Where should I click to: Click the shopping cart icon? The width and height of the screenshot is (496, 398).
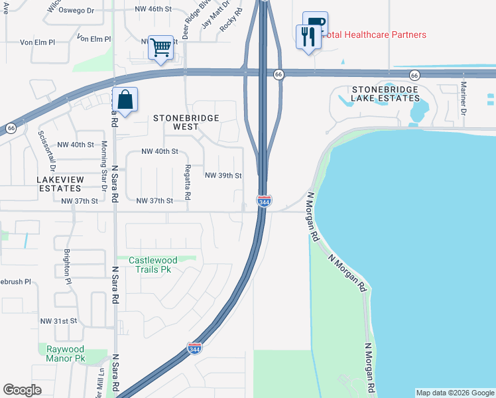coord(160,48)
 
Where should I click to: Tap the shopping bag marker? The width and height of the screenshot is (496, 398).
coord(125,100)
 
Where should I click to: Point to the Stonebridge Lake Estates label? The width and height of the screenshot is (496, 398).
coord(386,94)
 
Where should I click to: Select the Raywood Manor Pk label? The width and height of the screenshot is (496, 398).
coord(66,354)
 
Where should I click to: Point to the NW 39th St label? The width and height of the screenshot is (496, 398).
coord(223,176)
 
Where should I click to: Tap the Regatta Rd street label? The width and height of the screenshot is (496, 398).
coord(188,182)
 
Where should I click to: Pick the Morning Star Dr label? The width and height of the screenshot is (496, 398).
coord(103,165)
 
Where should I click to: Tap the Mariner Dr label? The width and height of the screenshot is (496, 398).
coord(464,96)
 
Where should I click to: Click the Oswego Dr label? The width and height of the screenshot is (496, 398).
coord(77,10)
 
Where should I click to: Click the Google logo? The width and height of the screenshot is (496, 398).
coord(22,390)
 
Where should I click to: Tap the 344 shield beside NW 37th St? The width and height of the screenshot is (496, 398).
coord(264,201)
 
